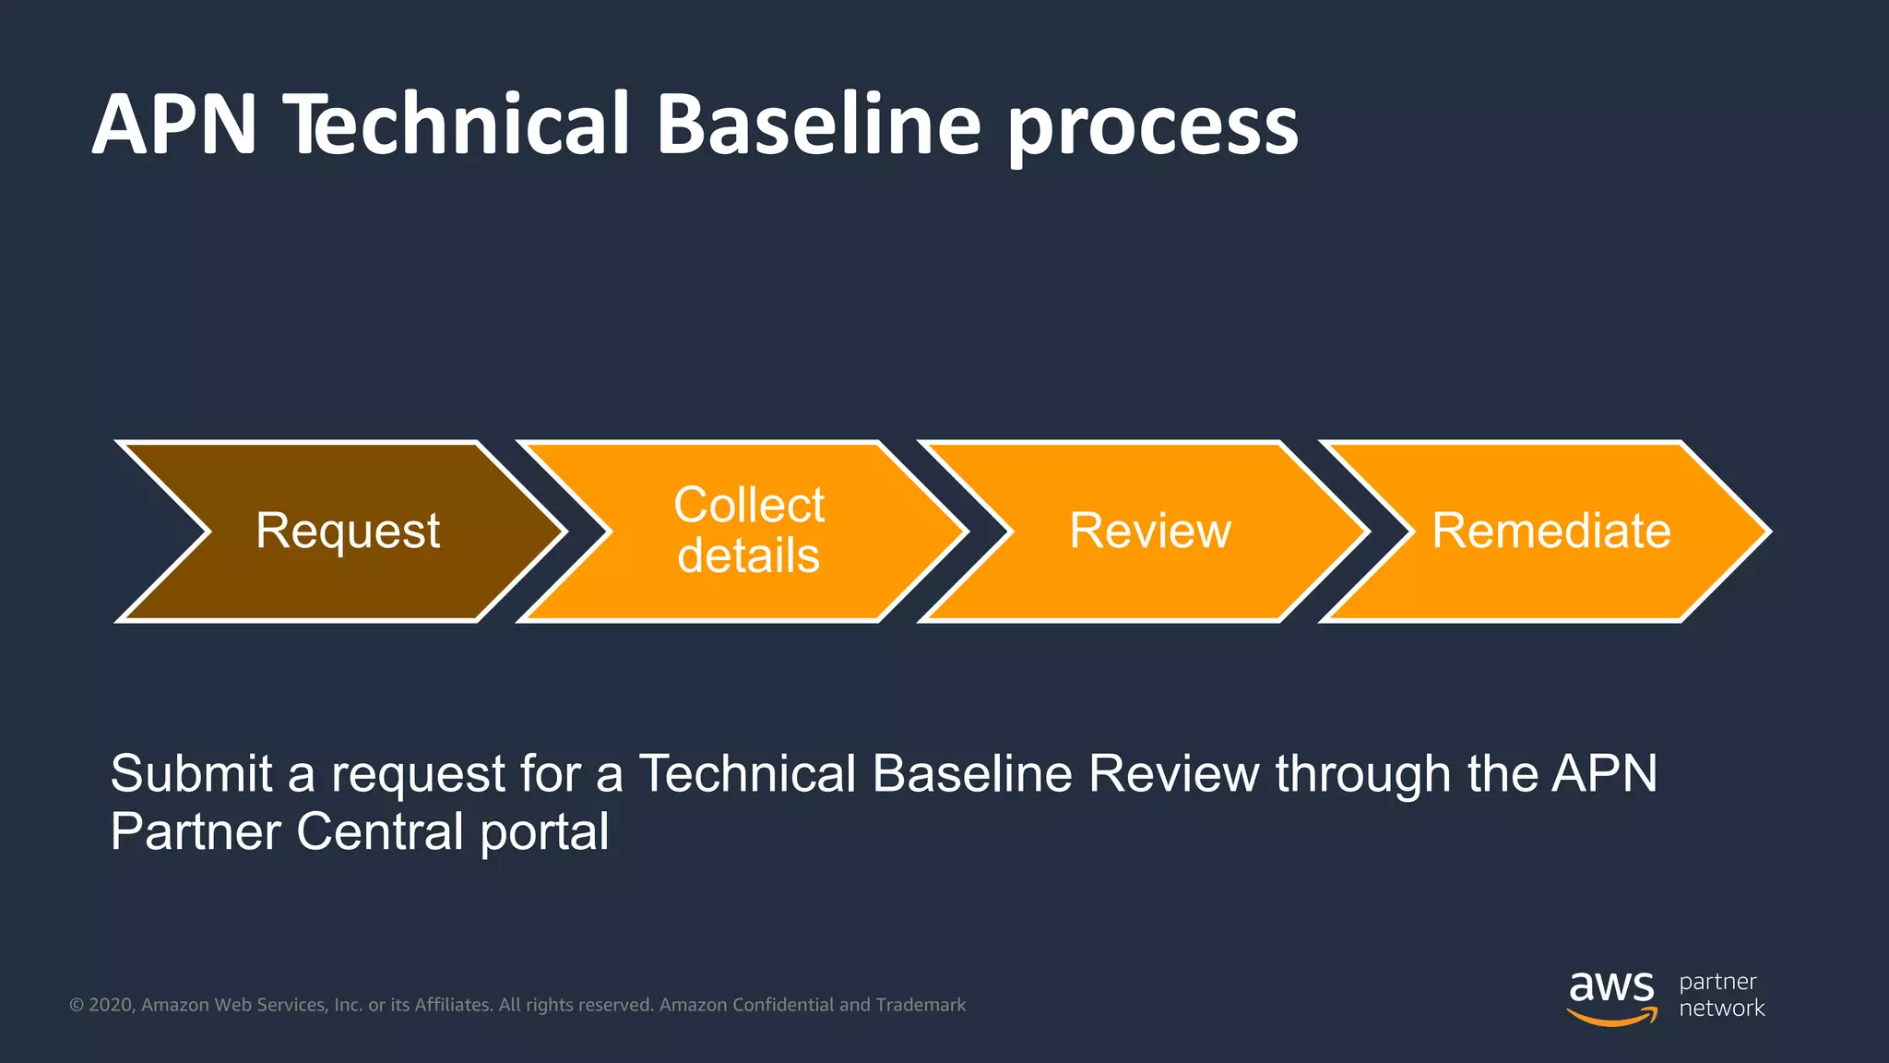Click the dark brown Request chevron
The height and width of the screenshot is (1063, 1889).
click(x=347, y=531)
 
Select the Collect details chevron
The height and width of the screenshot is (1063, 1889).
click(x=748, y=531)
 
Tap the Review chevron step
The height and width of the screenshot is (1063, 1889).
click(x=1149, y=531)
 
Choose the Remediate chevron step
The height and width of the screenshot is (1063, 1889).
click(x=1550, y=531)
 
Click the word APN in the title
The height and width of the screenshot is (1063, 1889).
click(x=175, y=125)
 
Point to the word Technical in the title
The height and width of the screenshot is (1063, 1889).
click(x=457, y=125)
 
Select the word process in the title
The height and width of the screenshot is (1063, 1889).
click(x=1153, y=129)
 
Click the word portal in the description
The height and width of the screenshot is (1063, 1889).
click(x=544, y=832)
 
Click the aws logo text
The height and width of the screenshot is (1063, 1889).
click(x=1611, y=987)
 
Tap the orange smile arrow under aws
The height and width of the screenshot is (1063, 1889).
click(x=1611, y=1018)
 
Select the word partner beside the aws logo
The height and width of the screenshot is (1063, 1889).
click(x=1717, y=983)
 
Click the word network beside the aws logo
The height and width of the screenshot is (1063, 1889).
click(x=1721, y=1009)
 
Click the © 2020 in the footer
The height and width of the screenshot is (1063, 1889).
click(x=102, y=1005)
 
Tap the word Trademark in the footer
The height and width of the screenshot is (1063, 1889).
click(x=921, y=1005)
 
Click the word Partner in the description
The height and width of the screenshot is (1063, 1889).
click(x=195, y=831)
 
